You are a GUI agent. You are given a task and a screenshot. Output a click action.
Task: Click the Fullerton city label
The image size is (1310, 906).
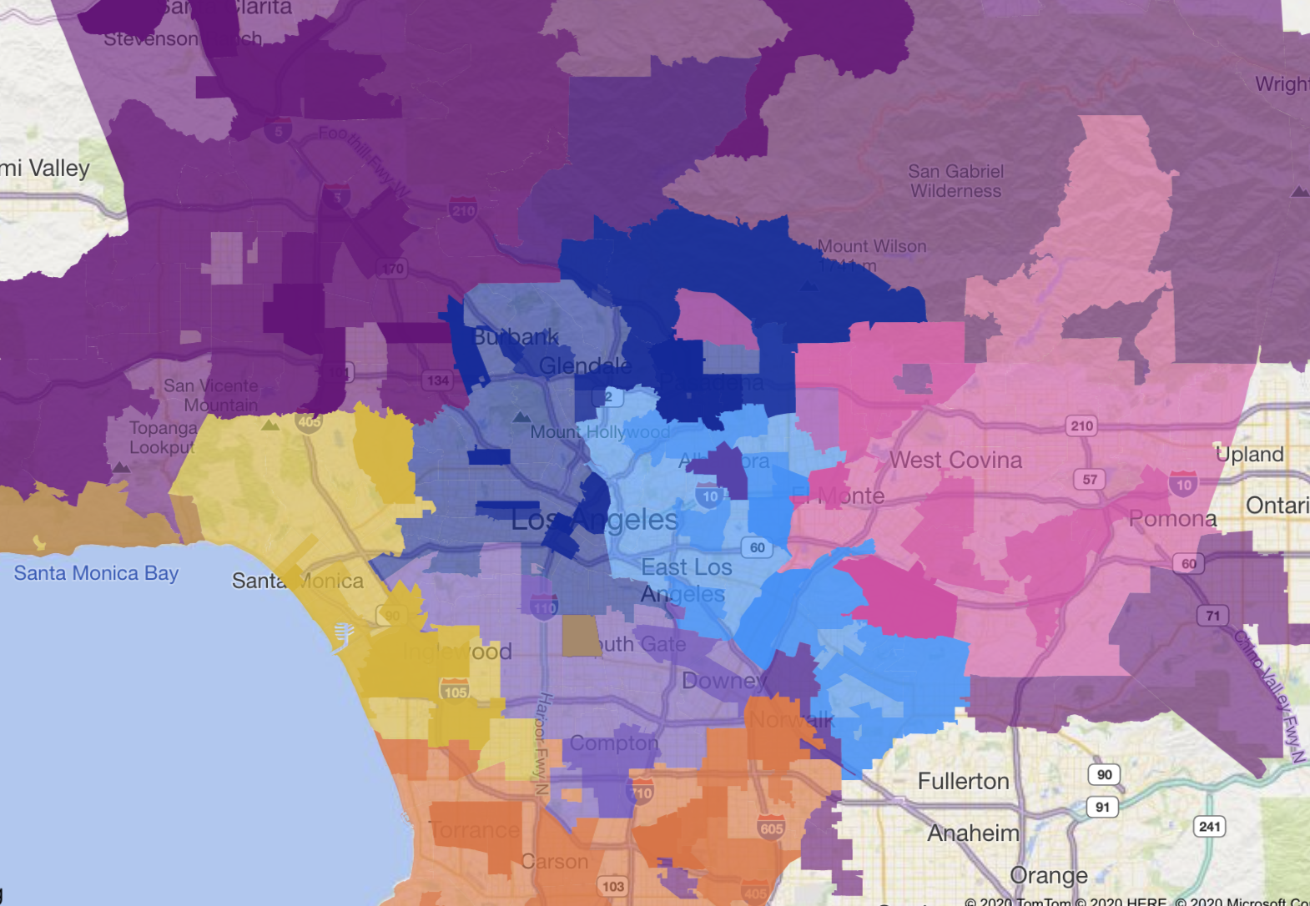963,781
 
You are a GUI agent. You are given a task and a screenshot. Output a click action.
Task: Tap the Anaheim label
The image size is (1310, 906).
973,833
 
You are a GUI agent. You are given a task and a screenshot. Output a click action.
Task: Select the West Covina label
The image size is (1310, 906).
955,460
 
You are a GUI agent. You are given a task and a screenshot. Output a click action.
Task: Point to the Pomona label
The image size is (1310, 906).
1172,519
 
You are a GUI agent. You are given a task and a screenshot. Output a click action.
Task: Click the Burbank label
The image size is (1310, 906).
516,337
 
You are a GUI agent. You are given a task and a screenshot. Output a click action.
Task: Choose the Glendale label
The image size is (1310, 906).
585,365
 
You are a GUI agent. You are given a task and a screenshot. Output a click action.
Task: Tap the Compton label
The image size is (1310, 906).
614,742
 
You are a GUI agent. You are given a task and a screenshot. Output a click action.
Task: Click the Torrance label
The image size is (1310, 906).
475,830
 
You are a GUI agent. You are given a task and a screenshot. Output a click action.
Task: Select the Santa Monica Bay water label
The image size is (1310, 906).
96,573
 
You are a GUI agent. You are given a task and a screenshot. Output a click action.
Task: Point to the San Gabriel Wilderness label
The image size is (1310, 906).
955,181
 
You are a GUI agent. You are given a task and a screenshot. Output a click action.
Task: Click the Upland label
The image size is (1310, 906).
1249,455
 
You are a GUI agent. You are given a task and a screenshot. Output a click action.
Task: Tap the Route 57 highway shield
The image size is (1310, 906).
1090,479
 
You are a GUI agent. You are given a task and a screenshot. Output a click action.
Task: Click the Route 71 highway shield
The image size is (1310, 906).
1212,616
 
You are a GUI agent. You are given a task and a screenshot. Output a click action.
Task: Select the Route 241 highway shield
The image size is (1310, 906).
1209,827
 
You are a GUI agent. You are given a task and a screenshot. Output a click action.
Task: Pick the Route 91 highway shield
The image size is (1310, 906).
1102,807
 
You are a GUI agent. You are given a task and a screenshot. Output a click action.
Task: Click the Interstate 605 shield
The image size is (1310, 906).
771,828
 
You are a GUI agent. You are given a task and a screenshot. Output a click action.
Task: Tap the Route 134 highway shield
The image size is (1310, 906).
437,380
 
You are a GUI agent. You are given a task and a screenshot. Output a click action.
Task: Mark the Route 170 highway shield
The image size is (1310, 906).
392,268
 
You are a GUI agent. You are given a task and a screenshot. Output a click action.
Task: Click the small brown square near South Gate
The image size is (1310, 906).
581,636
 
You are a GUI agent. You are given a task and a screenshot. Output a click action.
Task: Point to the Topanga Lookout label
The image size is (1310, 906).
163,437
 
